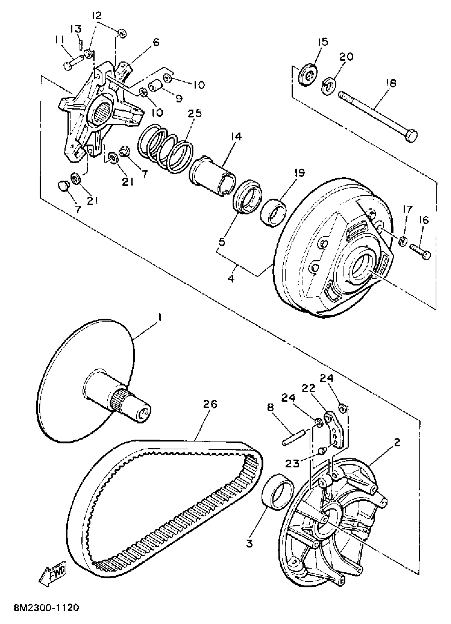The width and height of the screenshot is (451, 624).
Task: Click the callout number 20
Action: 346,57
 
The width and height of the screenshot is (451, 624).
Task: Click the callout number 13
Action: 76,28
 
